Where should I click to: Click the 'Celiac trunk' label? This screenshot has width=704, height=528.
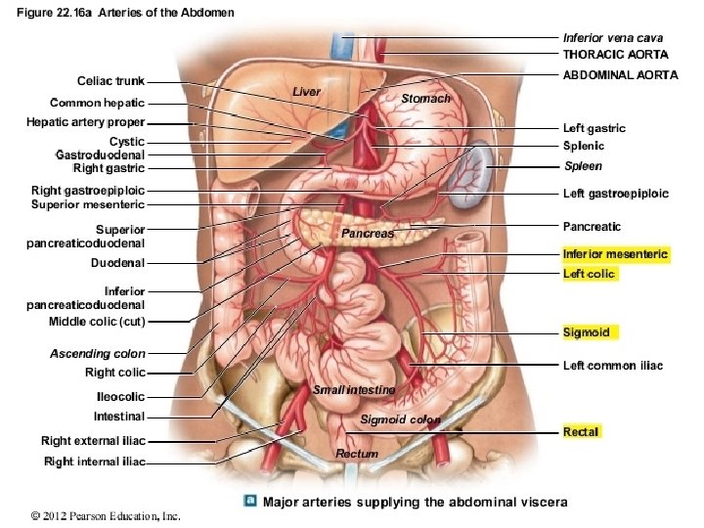[x=110, y=81]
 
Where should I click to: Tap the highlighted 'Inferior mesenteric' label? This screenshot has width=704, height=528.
[x=616, y=254]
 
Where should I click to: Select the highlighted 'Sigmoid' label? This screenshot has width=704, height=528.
[x=587, y=332]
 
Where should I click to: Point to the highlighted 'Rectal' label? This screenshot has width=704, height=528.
[x=581, y=431]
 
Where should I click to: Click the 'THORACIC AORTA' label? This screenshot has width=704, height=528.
[x=616, y=54]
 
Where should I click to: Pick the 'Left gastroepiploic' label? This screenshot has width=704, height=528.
[x=616, y=194]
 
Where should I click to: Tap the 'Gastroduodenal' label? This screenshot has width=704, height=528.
[x=101, y=154]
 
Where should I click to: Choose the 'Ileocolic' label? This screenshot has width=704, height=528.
[x=120, y=397]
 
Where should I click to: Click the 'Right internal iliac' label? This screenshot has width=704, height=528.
[x=95, y=462]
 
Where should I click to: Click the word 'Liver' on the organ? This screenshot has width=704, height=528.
[x=307, y=91]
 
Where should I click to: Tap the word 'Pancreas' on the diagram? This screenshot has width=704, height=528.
[x=368, y=234]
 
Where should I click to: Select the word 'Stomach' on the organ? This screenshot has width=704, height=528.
[x=426, y=99]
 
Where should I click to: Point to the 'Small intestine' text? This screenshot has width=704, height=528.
[x=354, y=390]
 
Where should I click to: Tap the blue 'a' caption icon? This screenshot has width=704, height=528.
[x=250, y=502]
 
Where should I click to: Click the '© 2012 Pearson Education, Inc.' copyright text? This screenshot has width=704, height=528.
[x=106, y=515]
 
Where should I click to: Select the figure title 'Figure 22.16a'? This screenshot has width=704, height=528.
[x=59, y=12]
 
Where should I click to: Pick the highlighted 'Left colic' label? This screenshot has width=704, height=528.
[x=590, y=274]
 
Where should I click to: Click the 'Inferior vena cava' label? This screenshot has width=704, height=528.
[x=613, y=38]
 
